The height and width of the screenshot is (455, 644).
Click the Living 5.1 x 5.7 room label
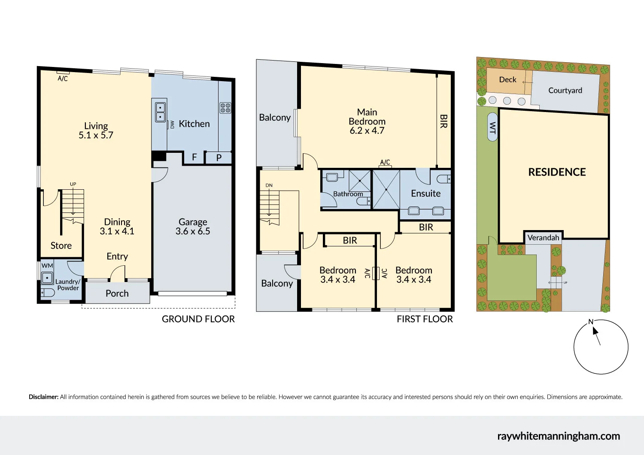(x=96, y=130)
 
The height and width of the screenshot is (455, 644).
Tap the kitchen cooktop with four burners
(x=225, y=108)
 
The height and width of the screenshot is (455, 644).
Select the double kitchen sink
(x=160, y=112)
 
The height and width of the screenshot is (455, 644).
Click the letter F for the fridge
(x=194, y=158)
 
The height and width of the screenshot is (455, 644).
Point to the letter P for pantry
(x=219, y=158)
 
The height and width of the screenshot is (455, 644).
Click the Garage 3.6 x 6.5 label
(x=193, y=227)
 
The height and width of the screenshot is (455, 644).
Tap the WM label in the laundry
(x=47, y=266)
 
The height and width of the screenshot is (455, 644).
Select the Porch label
(x=117, y=294)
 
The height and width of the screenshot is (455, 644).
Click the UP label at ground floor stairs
(x=73, y=184)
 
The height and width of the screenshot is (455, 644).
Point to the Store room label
(x=61, y=246)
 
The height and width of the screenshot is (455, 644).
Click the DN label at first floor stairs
(x=269, y=185)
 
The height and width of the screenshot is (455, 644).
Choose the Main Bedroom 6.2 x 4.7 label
(x=367, y=121)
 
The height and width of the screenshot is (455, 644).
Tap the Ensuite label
(x=425, y=194)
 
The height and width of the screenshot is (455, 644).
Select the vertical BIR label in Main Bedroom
(x=444, y=121)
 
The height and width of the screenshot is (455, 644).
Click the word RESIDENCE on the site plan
(x=557, y=172)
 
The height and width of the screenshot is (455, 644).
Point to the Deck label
(x=507, y=80)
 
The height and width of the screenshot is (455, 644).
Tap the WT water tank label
(x=492, y=127)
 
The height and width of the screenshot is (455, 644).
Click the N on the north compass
(x=591, y=322)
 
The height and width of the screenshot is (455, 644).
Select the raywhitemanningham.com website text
(x=559, y=436)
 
